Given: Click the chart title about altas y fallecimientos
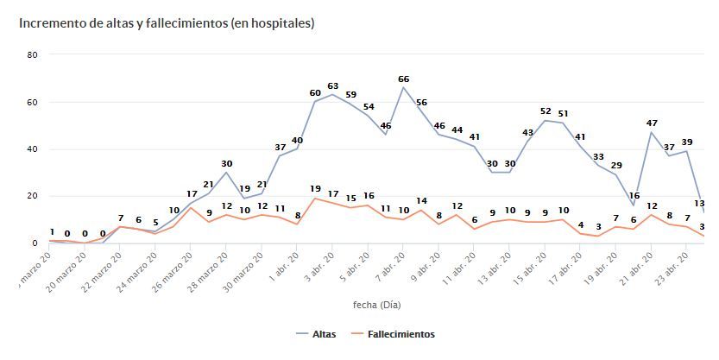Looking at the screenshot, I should [x=167, y=23].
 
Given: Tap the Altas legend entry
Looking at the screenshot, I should [x=316, y=334].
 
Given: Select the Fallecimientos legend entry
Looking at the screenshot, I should [x=393, y=334].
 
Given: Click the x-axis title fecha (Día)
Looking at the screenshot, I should [x=376, y=305].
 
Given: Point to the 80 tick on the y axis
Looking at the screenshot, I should [x=33, y=55].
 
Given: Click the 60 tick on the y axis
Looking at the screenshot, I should [x=33, y=102].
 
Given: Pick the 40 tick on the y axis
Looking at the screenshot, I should [x=33, y=149].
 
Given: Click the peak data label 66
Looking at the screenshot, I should [x=403, y=79].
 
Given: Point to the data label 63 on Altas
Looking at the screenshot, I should [x=332, y=85].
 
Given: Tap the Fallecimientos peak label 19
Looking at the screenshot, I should [x=315, y=189].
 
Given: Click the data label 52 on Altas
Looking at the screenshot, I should [x=546, y=111].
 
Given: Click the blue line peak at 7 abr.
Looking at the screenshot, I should [x=403, y=87].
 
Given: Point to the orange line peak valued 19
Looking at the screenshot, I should [x=315, y=199].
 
